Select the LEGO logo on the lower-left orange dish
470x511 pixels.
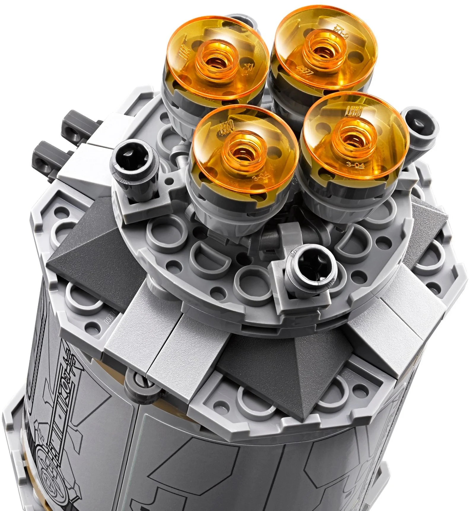tap(226, 128)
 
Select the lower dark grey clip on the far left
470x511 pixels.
tap(45, 157)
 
